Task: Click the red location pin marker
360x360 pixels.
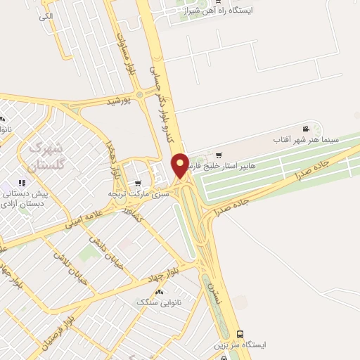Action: pos(181,166)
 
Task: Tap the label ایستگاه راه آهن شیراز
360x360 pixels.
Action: pos(217,11)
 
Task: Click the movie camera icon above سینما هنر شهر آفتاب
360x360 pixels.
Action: pos(306,129)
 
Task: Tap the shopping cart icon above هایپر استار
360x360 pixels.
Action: pos(219,155)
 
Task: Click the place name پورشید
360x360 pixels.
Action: pos(120,102)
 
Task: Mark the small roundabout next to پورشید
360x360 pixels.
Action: pos(139,95)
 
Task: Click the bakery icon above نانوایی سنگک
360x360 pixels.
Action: pos(158,292)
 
